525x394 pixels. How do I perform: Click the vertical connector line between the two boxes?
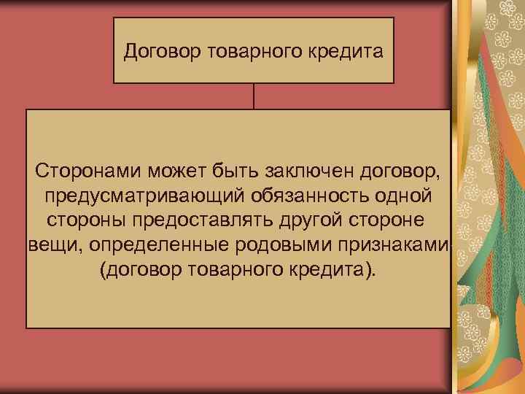tap(254, 96)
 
